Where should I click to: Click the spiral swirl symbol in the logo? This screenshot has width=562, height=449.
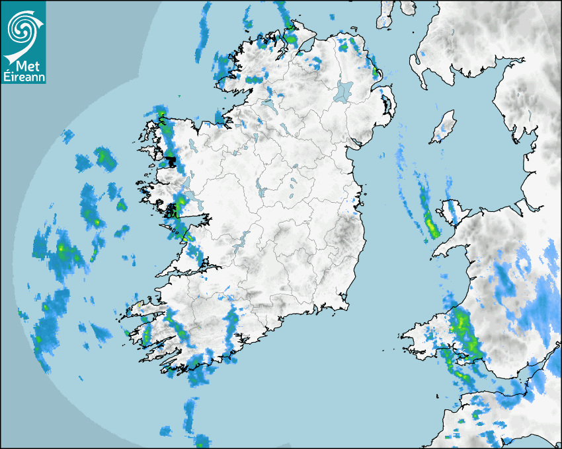coord(24,28)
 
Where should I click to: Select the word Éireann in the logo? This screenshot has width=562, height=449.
coord(24,77)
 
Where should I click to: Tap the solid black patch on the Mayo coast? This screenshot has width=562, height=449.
coord(171,160)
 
